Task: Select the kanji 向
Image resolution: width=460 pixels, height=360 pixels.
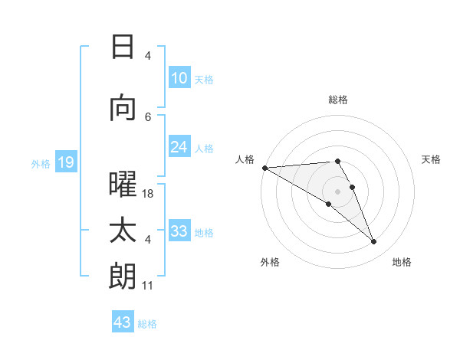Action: click(122, 109)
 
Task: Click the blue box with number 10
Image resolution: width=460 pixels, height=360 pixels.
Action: click(179, 78)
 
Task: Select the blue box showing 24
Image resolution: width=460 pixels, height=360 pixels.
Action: click(179, 148)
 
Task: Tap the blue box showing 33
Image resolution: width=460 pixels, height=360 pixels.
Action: click(179, 232)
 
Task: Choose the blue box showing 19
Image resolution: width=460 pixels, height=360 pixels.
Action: click(65, 162)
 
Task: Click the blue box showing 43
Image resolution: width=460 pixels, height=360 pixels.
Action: click(122, 322)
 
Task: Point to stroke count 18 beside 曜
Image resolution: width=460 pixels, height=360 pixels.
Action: click(148, 194)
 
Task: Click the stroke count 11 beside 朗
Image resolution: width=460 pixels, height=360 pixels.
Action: click(147, 286)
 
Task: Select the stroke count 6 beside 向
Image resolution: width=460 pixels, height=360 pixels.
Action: click(148, 116)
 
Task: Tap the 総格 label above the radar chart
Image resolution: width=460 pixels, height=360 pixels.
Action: click(337, 100)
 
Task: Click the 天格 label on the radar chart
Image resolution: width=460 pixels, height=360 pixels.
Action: click(431, 159)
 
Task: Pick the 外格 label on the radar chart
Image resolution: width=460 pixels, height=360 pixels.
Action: click(270, 262)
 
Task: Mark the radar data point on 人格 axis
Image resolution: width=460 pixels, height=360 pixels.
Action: click(264, 167)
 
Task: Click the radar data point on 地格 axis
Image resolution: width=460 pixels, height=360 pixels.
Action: click(373, 241)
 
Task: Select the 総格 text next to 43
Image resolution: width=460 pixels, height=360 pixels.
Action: click(147, 324)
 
